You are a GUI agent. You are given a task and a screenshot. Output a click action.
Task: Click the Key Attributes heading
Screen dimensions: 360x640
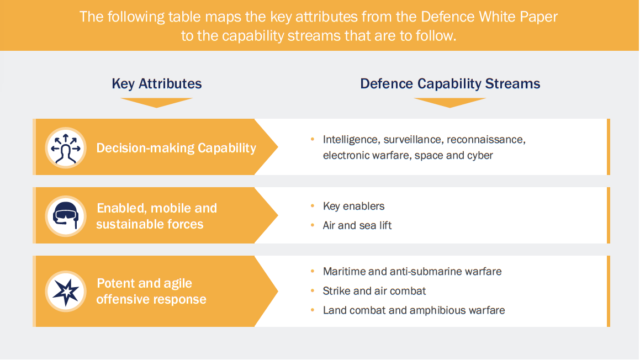tap(157, 84)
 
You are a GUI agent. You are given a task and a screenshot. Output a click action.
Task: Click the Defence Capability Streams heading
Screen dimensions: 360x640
tap(450, 84)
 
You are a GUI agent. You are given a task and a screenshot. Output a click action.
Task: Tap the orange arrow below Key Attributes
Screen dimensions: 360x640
tap(157, 102)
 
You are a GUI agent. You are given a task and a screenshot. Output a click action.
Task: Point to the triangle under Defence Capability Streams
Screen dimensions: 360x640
tap(449, 102)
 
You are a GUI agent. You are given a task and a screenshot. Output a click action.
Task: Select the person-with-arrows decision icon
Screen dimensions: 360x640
tap(66, 147)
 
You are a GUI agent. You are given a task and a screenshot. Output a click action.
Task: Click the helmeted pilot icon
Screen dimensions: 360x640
tap(66, 216)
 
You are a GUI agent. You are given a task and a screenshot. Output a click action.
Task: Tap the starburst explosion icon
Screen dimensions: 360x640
tap(66, 291)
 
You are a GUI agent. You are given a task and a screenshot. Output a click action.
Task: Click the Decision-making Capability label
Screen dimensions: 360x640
tap(176, 148)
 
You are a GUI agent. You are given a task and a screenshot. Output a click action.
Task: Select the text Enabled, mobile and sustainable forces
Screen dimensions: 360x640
tap(157, 216)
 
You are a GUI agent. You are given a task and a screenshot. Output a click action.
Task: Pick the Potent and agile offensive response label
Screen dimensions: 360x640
tap(151, 291)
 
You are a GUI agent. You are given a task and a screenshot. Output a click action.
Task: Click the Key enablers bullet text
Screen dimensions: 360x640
tap(354, 206)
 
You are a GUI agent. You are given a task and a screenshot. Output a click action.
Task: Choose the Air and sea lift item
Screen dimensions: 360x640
tap(357, 225)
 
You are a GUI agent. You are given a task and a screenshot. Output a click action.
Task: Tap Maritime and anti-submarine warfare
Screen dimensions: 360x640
tap(412, 271)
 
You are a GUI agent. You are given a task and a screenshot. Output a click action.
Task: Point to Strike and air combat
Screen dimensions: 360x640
tap(374, 290)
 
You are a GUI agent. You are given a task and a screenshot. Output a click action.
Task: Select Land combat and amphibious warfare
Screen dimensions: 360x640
tap(414, 310)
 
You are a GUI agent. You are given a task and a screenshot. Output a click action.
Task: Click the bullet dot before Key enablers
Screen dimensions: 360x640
tap(313, 207)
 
